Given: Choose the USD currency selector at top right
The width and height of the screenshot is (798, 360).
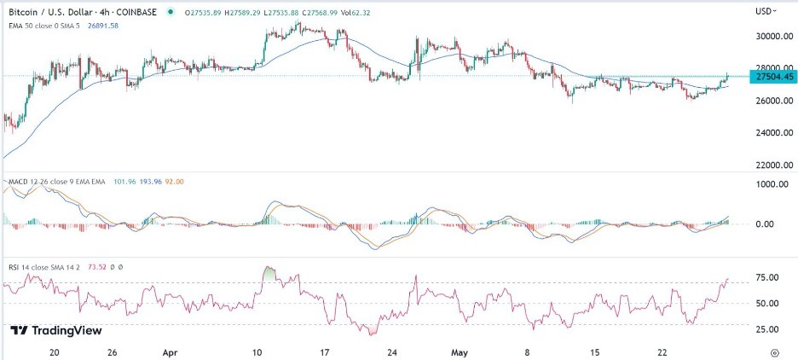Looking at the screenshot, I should click(x=765, y=11).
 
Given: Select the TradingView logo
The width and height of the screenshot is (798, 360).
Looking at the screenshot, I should click(x=56, y=331).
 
